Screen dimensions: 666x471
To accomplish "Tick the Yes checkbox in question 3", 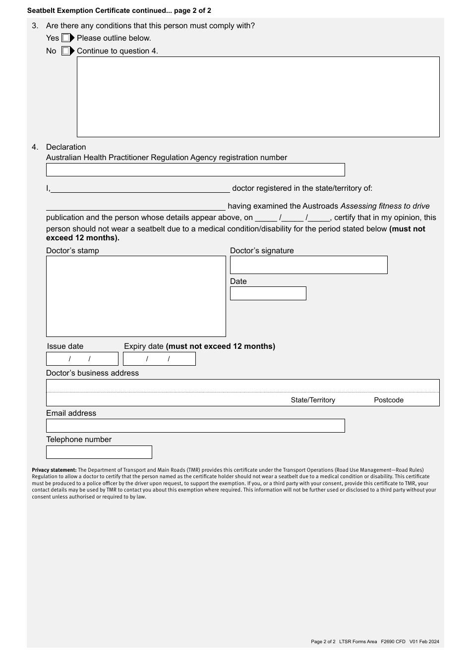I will click(65, 38).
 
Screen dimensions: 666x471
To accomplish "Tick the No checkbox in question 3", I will click(65, 51).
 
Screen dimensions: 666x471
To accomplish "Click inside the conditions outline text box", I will click(258, 97).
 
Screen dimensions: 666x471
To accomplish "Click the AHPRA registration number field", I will click(195, 170).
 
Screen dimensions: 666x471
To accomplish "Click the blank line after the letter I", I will click(140, 188).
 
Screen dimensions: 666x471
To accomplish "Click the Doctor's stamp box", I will click(136, 296).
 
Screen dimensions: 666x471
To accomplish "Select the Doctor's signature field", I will click(308, 265).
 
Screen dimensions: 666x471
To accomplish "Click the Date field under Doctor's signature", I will click(268, 293).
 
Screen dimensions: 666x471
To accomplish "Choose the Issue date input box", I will click(82, 359).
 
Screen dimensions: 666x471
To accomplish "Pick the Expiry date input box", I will click(159, 359).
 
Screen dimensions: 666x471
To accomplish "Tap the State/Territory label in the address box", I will click(313, 400).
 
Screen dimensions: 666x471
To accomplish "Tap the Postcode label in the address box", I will click(388, 400).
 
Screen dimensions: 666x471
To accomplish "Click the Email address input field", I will click(195, 426).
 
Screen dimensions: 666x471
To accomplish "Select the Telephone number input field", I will click(99, 452).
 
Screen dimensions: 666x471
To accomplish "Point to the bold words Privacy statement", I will click(54, 470).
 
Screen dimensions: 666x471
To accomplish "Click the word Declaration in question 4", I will click(66, 147).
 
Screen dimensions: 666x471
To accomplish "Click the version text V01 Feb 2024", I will click(424, 642).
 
